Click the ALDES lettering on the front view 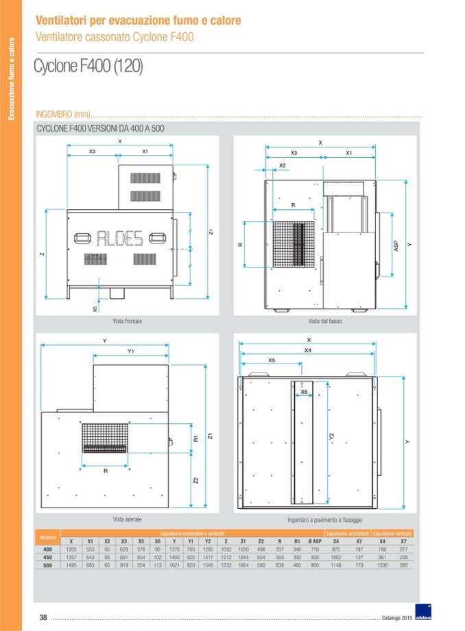[x=119, y=238]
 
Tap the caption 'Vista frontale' [x=127, y=321]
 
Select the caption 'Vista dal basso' [x=324, y=321]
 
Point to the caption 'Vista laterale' [x=127, y=519]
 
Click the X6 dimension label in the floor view [x=304, y=392]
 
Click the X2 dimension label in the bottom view [x=283, y=165]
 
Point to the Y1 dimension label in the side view [x=130, y=351]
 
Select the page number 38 [x=43, y=617]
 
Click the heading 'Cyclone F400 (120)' [x=88, y=69]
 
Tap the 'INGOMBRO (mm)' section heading [x=63, y=114]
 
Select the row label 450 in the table [x=47, y=558]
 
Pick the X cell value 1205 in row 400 [x=71, y=549]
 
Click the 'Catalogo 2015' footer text [x=398, y=618]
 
